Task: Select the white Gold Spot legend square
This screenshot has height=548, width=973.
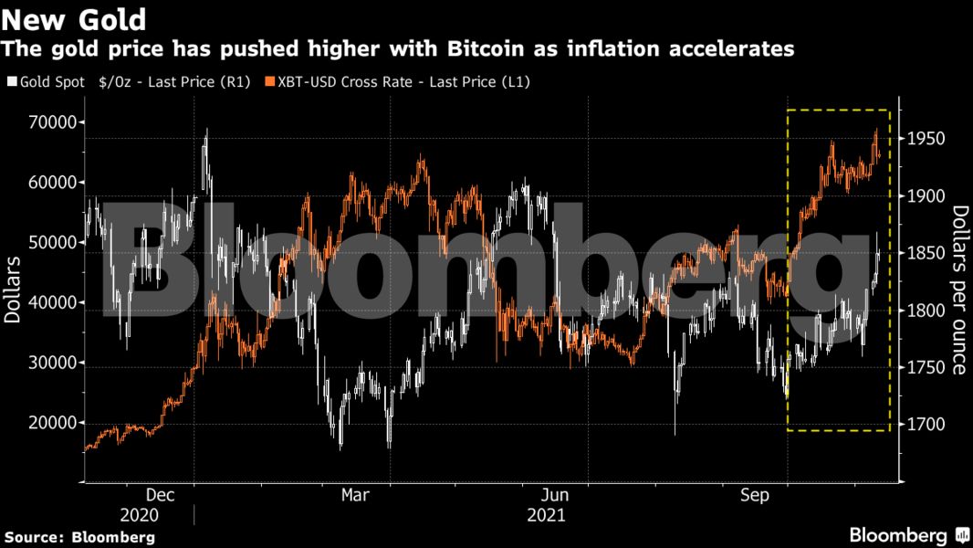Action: (x=11, y=82)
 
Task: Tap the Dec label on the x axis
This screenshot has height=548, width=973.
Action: (x=160, y=494)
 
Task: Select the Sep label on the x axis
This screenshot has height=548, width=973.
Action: (x=755, y=494)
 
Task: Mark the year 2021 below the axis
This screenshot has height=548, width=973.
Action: (x=546, y=514)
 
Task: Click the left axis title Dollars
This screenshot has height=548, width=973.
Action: (x=13, y=290)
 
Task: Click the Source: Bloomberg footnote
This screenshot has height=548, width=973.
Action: (x=78, y=537)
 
